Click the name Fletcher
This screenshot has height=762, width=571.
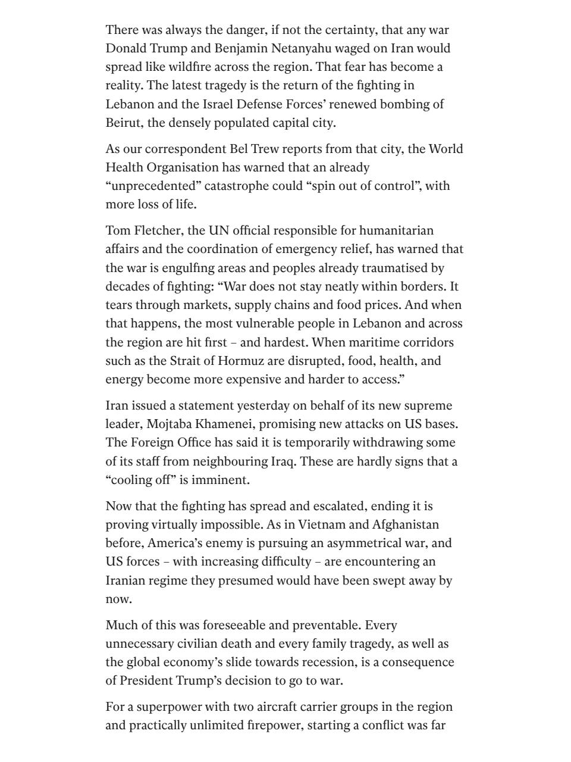coord(155,230)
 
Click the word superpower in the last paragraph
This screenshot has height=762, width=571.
coord(166,707)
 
